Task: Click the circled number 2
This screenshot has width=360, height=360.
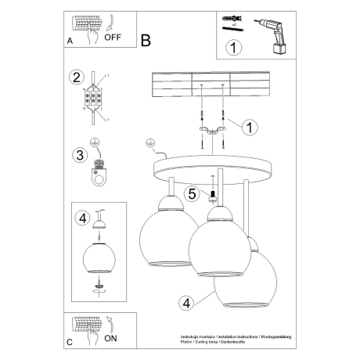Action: pos(76,77)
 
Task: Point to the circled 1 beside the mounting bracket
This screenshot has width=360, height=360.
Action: pos(250,125)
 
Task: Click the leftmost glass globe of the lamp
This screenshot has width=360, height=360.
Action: pos(167,239)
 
